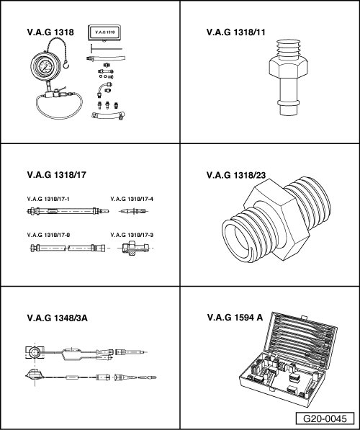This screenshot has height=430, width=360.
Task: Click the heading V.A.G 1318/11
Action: coord(235,32)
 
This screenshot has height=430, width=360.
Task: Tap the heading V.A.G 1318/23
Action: coord(236,175)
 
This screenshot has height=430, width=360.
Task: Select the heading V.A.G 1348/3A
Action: coord(58,318)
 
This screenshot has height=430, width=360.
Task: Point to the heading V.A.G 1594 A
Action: coord(235,318)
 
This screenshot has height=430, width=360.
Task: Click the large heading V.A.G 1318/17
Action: coord(56,175)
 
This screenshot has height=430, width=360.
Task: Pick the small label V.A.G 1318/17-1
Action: coord(48,199)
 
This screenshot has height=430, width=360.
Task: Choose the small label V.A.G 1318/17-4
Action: coord(132,199)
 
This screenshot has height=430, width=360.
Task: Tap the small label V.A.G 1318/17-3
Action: coord(132,235)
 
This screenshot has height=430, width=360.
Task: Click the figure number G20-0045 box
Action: coord(325,418)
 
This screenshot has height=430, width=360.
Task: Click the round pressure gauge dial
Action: coord(45,66)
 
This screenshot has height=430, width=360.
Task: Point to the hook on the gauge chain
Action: coord(66,65)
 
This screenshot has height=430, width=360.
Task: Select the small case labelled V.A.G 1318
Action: coord(104,33)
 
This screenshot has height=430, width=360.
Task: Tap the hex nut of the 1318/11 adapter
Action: coord(288,67)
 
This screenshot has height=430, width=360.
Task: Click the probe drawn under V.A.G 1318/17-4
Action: coord(134,211)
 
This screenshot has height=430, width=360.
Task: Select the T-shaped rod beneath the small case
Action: coord(107,49)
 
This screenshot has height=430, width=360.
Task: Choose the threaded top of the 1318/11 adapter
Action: coord(288,50)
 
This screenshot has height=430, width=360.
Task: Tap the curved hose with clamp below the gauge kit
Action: coord(108,115)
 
